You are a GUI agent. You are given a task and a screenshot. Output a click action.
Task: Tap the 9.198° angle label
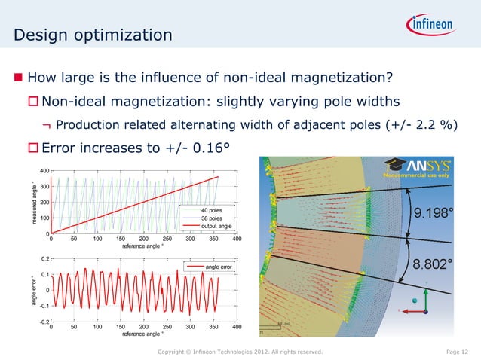433,213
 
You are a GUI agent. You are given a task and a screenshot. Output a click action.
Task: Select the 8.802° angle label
433,264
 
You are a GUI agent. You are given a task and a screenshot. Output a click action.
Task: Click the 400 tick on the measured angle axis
44,171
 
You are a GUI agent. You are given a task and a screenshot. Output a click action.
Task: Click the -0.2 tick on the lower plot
44,322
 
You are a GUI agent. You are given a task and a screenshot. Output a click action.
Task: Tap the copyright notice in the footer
240,352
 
